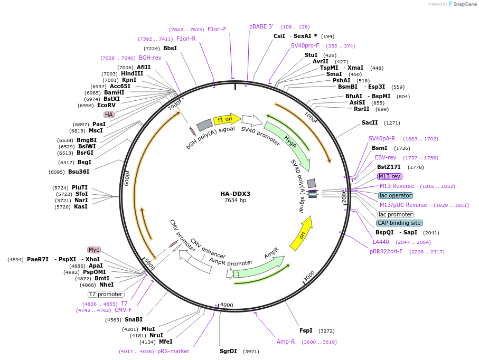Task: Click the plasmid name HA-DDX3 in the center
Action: [x=235, y=194]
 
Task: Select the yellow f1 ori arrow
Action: [x=226, y=119]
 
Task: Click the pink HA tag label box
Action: [x=109, y=115]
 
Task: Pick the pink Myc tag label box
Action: [x=94, y=250]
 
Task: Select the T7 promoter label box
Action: [x=106, y=294]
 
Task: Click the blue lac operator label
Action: [x=396, y=195]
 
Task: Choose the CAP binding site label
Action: [x=399, y=223]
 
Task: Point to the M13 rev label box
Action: [x=390, y=176]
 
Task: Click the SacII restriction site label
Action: [x=370, y=122]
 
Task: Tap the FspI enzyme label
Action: [x=306, y=330]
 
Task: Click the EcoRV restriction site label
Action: [x=106, y=106]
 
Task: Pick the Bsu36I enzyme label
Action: [x=79, y=172]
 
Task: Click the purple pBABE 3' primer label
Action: [x=261, y=26]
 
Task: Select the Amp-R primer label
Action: [x=286, y=342]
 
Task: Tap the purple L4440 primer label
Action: [x=381, y=242]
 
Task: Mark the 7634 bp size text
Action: [x=235, y=201]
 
